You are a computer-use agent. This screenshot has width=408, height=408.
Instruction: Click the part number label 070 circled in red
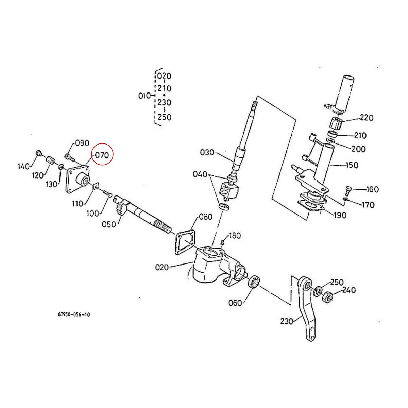tap(102, 155)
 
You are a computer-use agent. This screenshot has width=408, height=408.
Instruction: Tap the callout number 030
tap(207, 152)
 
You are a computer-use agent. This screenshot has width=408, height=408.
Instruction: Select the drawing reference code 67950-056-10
tap(74, 314)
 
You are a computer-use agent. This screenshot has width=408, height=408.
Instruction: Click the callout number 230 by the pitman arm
tap(287, 321)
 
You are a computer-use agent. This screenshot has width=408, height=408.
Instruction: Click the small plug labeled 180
tap(223, 242)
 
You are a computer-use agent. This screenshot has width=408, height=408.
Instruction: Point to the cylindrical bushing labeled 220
tap(335, 124)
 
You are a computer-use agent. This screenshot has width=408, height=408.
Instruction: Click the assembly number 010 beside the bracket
tap(144, 96)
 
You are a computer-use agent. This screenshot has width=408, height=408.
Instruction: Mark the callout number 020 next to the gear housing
tap(161, 267)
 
